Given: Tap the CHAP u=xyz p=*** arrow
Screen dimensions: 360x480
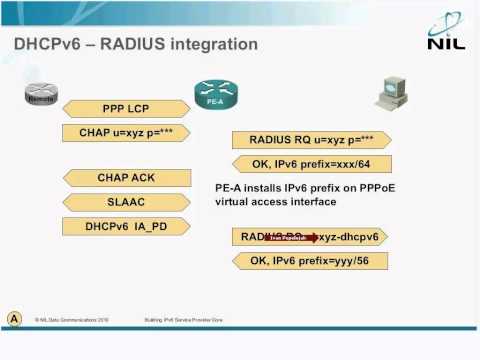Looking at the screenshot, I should click(x=127, y=133).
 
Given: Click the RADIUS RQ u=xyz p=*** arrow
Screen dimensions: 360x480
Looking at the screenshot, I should click(x=311, y=139).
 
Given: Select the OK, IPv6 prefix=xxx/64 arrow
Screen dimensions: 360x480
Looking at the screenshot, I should click(x=311, y=163).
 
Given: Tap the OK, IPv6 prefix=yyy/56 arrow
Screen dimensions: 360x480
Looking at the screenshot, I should click(x=311, y=262).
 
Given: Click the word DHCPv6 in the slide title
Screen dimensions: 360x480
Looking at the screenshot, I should click(x=42, y=45).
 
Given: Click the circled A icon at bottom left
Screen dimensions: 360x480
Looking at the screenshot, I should click(x=15, y=317).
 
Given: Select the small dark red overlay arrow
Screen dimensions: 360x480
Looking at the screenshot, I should click(x=289, y=238).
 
